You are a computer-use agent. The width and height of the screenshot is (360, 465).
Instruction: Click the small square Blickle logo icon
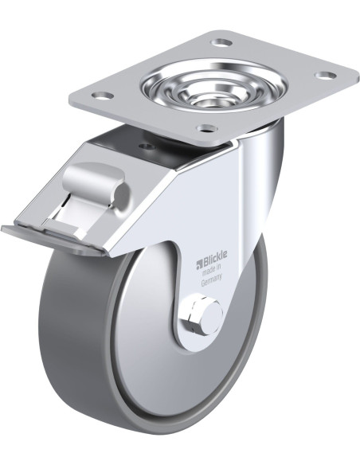pos(198,263)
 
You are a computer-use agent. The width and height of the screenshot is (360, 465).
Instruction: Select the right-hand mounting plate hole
pos(325,75)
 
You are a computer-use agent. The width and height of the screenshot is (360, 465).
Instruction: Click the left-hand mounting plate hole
pos(102,96)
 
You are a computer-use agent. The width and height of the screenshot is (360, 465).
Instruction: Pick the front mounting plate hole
pos(208,128)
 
